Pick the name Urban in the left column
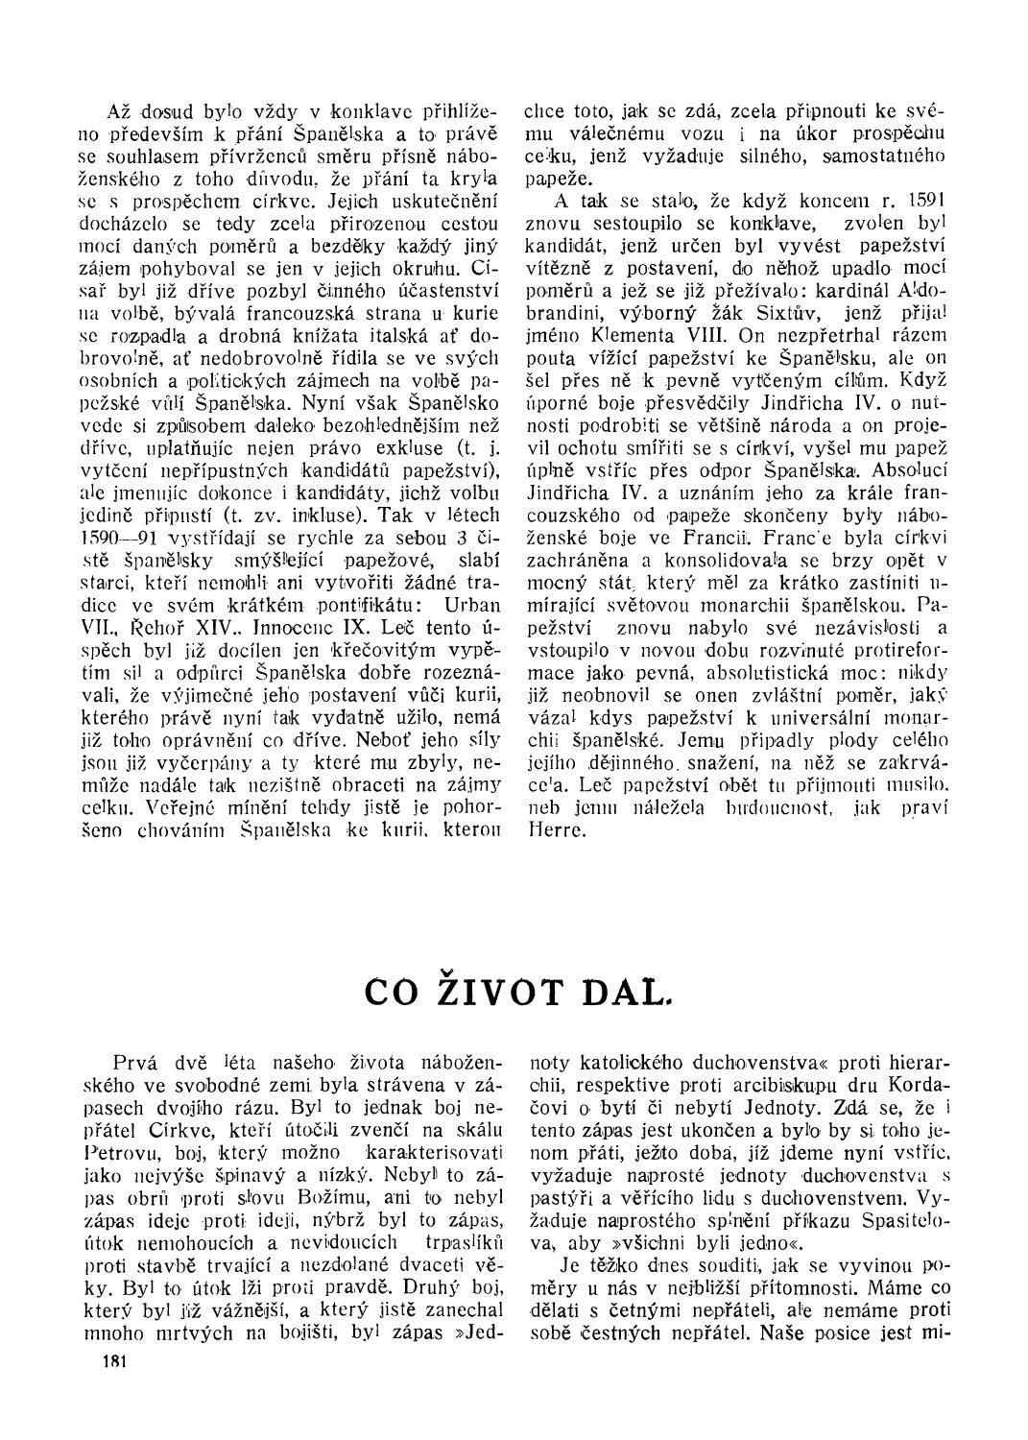(x=474, y=604)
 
